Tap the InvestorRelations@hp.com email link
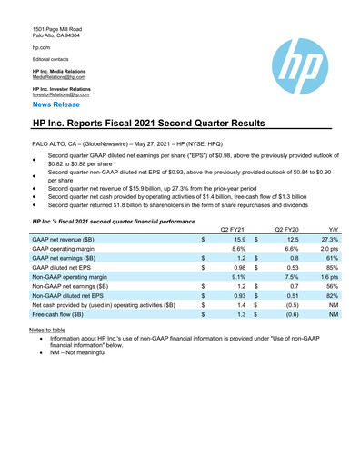click(60, 94)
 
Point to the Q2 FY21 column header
click(234, 227)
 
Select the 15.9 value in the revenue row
click(239, 238)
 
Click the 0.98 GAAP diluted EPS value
click(238, 268)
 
